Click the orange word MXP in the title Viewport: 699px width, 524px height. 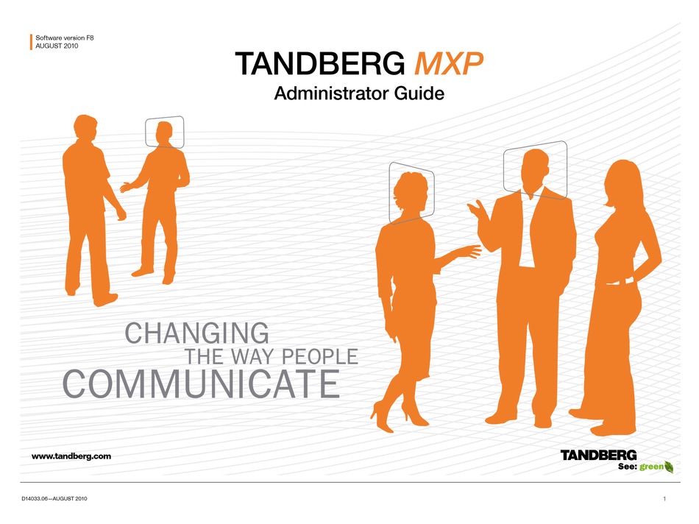(449, 64)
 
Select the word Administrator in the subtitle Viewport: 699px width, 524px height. (330, 93)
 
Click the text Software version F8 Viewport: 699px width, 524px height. (65, 38)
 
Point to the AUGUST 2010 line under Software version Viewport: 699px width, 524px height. (57, 46)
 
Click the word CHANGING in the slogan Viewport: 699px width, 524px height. (196, 333)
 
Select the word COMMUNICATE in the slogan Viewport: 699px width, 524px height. (201, 383)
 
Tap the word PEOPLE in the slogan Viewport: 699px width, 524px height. (320, 357)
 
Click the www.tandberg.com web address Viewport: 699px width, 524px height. (71, 456)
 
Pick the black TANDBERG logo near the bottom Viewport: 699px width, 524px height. (598, 456)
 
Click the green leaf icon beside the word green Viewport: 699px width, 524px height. (669, 467)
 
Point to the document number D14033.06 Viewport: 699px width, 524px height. (35, 498)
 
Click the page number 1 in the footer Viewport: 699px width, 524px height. (664, 498)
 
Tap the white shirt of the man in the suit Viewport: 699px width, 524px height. (528, 232)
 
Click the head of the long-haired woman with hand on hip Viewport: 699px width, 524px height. (623, 182)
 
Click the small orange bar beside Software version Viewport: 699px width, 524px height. (31, 42)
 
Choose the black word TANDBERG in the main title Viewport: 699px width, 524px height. (320, 64)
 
